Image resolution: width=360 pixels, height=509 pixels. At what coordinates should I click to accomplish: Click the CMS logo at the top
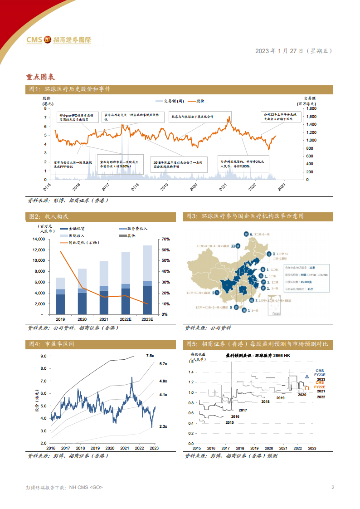59,40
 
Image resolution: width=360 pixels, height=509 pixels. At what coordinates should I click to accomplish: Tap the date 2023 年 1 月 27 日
279,51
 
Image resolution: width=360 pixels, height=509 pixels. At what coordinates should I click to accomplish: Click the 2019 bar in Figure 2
60,296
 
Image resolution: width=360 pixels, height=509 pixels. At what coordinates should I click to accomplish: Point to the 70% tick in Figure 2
165,239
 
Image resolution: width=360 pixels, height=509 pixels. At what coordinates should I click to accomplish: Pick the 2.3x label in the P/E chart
163,426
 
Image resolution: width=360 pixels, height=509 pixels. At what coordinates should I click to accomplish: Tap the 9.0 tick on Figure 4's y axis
44,357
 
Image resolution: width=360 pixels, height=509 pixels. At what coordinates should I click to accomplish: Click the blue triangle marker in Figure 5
307,376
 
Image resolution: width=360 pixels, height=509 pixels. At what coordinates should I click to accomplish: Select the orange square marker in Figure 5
307,388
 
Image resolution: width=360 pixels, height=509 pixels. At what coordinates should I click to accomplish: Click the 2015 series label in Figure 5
229,422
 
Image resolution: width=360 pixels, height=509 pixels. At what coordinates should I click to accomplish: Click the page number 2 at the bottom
333,488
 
